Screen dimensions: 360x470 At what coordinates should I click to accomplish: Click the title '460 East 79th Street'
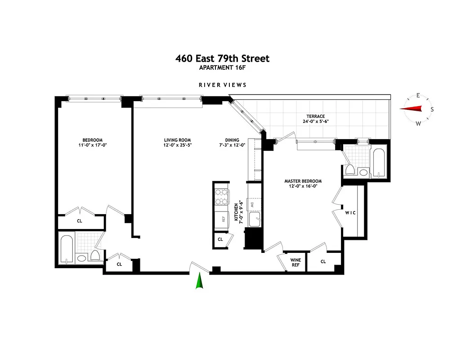click(x=222, y=58)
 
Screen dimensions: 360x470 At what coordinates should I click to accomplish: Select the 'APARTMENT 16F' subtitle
click(x=222, y=68)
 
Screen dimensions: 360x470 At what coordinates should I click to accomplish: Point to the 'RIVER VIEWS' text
click(x=223, y=85)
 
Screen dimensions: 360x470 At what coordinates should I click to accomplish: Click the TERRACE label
click(x=316, y=117)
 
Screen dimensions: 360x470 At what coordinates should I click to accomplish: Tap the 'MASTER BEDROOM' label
click(x=303, y=181)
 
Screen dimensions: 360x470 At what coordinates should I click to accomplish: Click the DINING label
click(x=232, y=140)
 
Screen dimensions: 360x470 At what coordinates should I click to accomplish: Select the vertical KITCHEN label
click(x=236, y=212)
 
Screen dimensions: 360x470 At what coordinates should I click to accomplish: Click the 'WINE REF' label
click(x=295, y=262)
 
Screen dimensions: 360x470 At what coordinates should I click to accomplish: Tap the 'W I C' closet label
click(x=350, y=213)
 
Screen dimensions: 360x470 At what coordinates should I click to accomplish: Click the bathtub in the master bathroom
click(x=379, y=163)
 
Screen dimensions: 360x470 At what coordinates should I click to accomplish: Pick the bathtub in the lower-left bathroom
click(x=66, y=249)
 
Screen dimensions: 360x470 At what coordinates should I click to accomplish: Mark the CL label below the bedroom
click(x=79, y=221)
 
